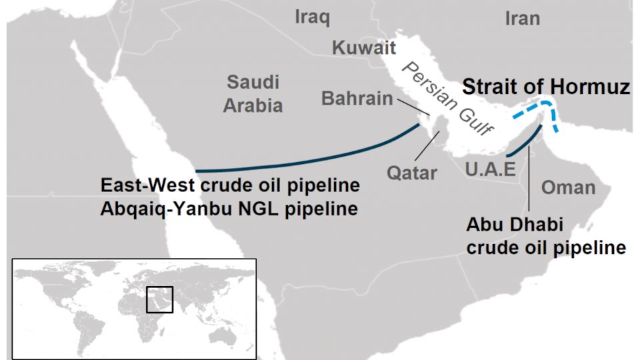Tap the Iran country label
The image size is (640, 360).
(x=522, y=18)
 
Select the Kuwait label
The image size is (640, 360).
(x=364, y=48)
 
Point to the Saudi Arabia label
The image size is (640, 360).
(x=253, y=94)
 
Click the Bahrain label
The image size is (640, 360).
(x=357, y=99)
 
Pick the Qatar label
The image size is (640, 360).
(x=412, y=173)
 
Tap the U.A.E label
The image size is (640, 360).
(x=491, y=169)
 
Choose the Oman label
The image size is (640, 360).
(x=568, y=187)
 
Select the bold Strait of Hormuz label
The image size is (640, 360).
(x=546, y=87)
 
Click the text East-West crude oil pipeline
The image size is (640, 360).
(x=230, y=185)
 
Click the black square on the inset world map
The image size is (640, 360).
(x=159, y=299)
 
